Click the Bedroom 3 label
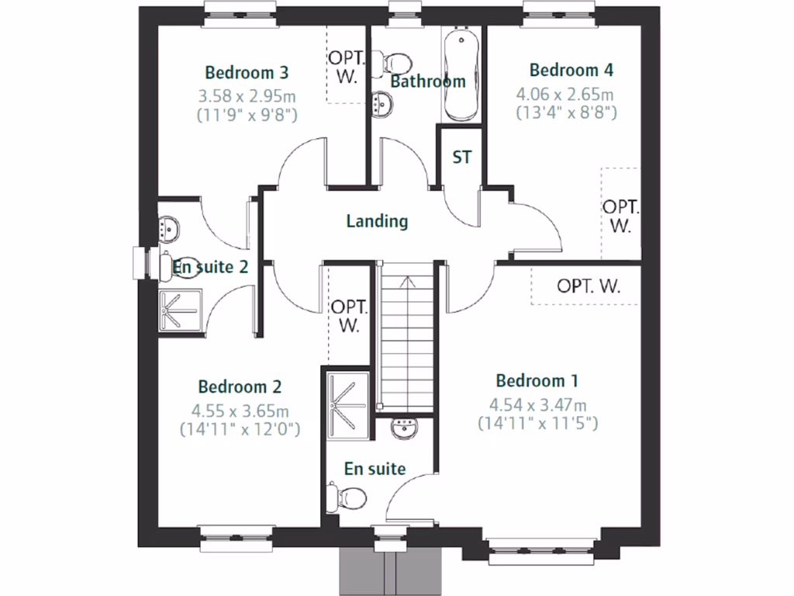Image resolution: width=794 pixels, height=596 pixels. [x=247, y=72]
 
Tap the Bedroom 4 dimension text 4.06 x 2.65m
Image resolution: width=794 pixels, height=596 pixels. [x=565, y=95]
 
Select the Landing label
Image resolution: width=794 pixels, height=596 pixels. [x=377, y=221]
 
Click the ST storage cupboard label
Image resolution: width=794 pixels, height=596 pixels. [x=461, y=158]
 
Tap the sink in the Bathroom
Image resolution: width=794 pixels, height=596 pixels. [x=381, y=103]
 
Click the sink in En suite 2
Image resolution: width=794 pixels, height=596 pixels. [x=169, y=229]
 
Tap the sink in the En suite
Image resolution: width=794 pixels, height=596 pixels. [x=405, y=428]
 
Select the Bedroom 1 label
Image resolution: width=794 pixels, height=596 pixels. [x=537, y=381]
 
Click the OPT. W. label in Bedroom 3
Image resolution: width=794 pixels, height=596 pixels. [x=343, y=68]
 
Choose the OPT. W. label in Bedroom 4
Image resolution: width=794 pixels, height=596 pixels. [x=620, y=217]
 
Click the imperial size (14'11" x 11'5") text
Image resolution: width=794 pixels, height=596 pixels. [x=537, y=424]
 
